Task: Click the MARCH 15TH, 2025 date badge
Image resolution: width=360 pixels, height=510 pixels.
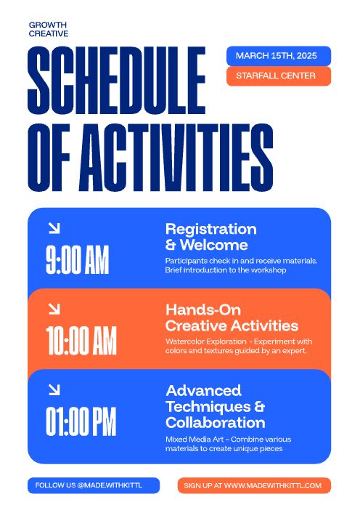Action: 278,56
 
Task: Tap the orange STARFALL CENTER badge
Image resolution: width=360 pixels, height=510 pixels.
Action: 278,76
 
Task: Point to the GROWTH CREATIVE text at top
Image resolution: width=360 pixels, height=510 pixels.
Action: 49,29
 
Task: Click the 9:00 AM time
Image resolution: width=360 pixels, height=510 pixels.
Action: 77,261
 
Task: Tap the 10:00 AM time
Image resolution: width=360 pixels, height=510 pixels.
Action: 81,341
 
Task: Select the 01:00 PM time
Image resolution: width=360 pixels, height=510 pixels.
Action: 81,421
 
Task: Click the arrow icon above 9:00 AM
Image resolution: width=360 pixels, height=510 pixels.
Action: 53,228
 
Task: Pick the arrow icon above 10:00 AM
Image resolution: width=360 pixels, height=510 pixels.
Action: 53,309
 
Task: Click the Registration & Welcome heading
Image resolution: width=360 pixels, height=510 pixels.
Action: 210,237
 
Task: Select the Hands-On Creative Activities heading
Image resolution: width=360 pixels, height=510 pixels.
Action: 232,317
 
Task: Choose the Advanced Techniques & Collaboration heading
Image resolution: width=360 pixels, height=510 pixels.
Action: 215,406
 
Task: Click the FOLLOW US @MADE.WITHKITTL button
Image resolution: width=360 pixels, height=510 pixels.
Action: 93,485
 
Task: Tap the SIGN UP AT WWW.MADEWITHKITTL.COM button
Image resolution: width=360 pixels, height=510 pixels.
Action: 253,485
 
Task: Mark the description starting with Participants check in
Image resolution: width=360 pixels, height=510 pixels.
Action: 241,265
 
